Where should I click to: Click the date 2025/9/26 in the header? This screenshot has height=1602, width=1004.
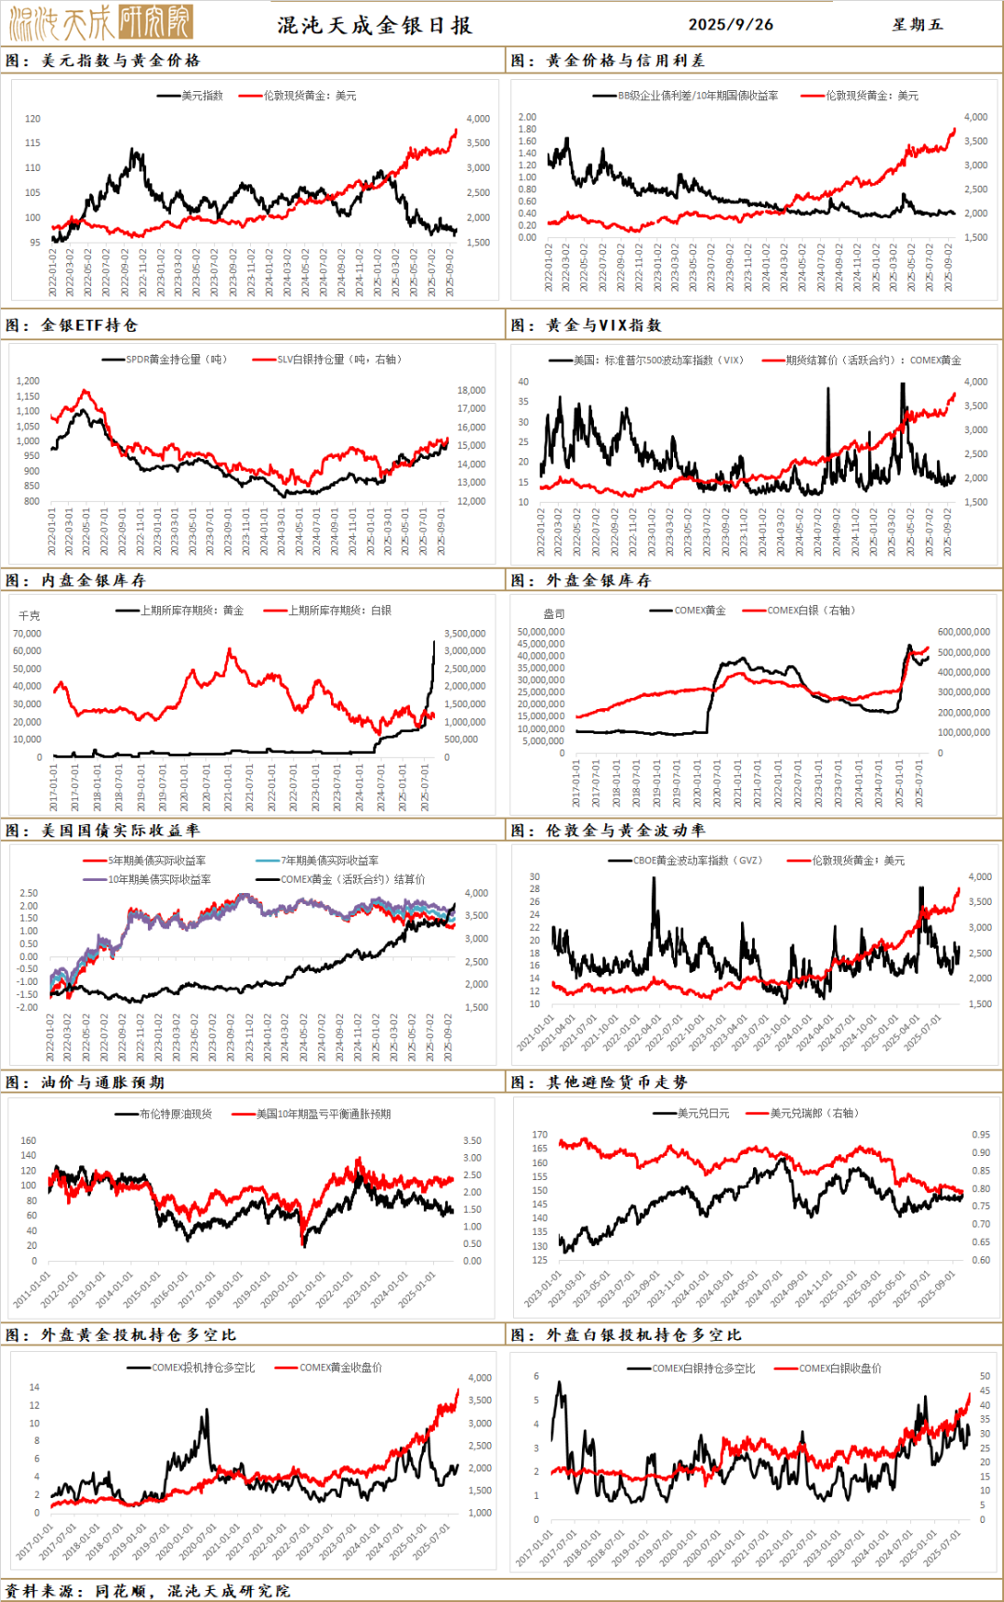(731, 24)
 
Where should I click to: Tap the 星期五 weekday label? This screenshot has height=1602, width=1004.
(918, 24)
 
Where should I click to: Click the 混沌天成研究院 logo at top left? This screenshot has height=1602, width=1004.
(100, 22)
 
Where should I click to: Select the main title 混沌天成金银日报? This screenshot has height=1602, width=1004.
(375, 25)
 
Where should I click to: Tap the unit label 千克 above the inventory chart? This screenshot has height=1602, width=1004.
(30, 616)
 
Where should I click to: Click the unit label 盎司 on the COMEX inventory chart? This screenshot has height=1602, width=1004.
(553, 614)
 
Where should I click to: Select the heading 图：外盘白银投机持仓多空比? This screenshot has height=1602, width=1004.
(626, 1335)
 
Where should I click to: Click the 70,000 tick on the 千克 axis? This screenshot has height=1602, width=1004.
(27, 634)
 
